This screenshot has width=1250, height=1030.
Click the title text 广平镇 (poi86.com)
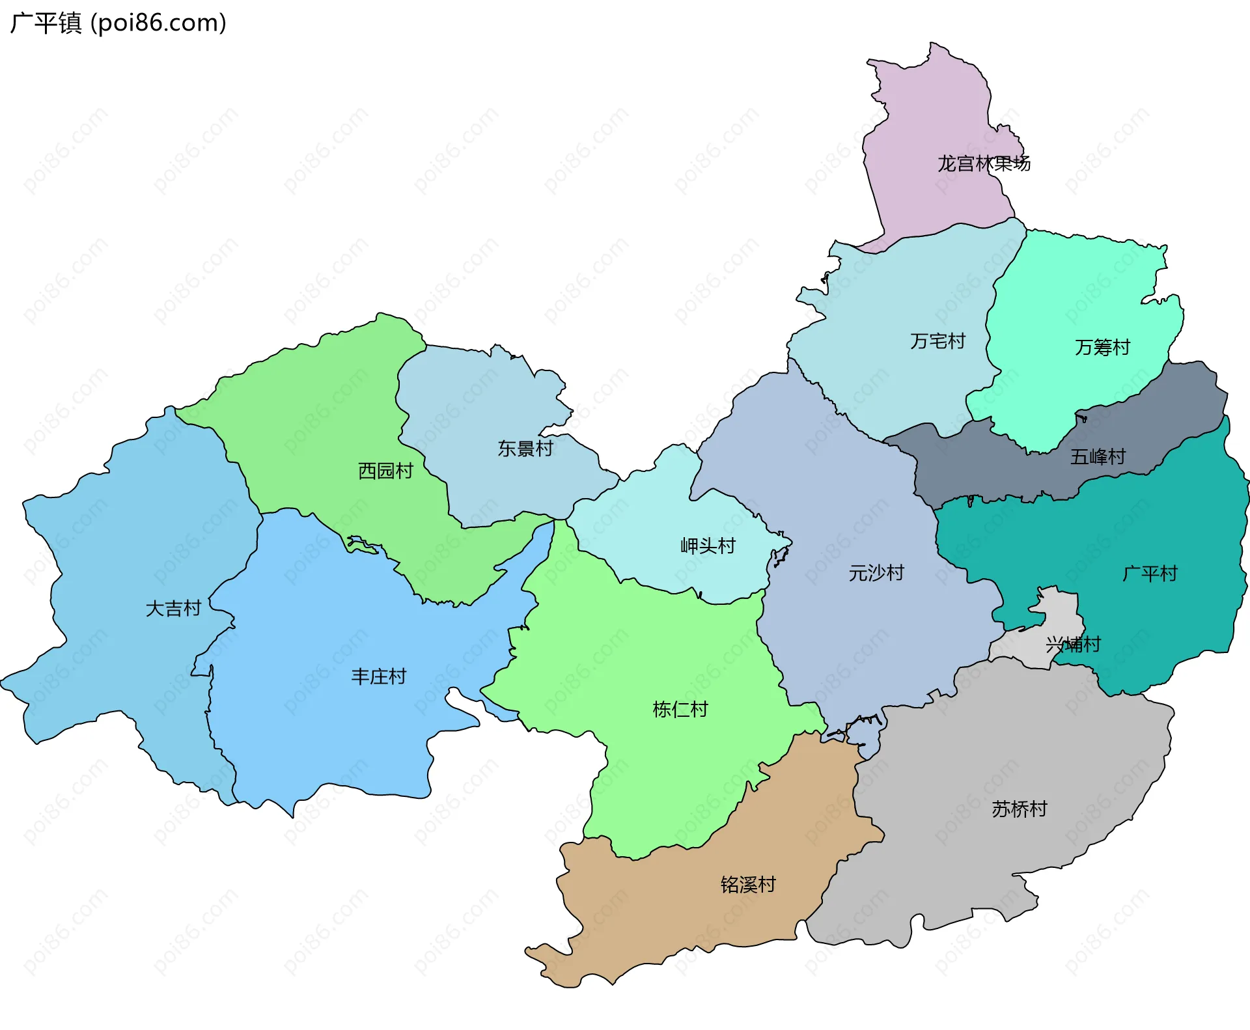pos(118,23)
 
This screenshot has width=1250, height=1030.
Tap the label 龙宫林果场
pos(984,163)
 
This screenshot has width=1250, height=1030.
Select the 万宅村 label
pos(937,341)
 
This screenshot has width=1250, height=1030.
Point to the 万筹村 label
pos(1102,348)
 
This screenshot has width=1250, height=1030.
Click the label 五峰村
pos(1098,457)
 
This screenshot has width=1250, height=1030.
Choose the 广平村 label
pos(1150,574)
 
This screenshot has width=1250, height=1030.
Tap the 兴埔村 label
pos(1073,645)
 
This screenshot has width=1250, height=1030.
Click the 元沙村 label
pos(876,573)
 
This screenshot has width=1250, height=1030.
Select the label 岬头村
pos(708,546)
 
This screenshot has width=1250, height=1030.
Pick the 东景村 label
pos(525,449)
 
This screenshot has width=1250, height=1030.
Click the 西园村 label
pos(385,471)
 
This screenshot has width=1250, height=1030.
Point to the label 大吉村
pos(173,609)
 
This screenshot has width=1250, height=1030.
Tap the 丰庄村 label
pos(378,677)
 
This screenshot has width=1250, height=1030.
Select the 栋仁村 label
pos(680,710)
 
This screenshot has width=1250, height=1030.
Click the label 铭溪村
pos(748,885)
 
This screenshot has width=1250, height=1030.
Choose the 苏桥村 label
pos(1019,809)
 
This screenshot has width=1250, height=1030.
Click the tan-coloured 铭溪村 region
pos(651,912)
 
